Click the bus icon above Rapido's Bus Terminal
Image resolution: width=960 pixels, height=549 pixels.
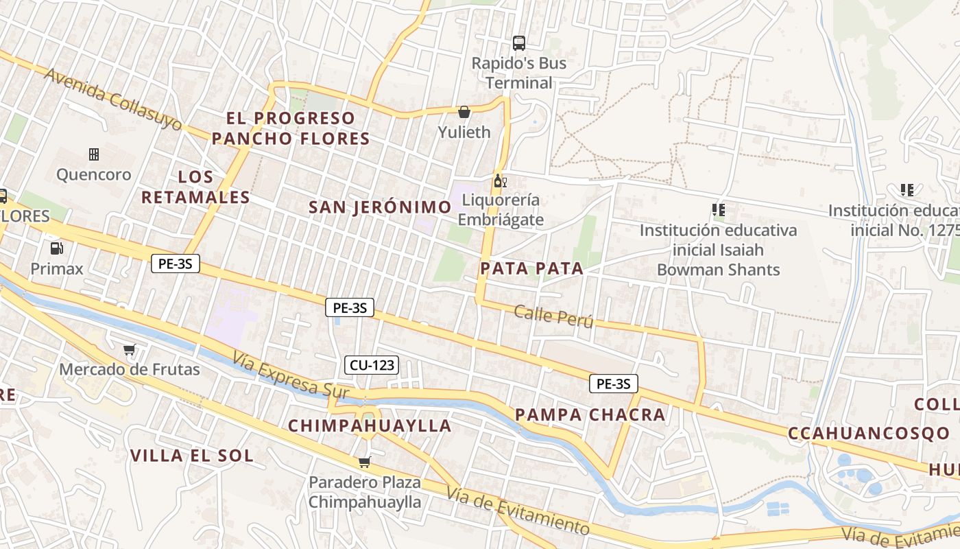(519, 43)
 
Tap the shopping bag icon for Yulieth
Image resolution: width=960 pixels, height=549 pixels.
(464, 112)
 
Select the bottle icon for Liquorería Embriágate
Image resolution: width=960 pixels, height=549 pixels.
(500, 181)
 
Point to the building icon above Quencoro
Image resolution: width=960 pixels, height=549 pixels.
(94, 154)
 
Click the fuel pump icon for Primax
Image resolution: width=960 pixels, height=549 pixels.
(56, 248)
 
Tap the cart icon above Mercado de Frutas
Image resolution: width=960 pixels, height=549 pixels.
(130, 350)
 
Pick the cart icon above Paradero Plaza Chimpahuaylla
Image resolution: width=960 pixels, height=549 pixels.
(364, 463)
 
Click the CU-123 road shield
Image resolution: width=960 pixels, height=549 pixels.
(372, 365)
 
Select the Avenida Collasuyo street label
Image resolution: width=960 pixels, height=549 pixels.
(113, 100)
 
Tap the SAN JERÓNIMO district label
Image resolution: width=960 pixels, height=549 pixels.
(380, 207)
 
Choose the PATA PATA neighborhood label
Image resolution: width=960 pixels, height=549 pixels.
(531, 269)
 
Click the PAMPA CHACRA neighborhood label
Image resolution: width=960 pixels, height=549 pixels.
(590, 414)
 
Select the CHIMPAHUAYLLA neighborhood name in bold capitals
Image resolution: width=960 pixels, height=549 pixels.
(370, 425)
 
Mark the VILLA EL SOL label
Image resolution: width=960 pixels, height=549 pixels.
(191, 456)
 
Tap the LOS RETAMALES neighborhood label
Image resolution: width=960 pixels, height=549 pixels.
(195, 187)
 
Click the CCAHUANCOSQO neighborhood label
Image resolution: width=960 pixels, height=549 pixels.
(869, 434)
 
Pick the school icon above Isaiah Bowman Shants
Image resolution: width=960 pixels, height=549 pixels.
(718, 209)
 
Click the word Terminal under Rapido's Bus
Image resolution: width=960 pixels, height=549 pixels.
(518, 83)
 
